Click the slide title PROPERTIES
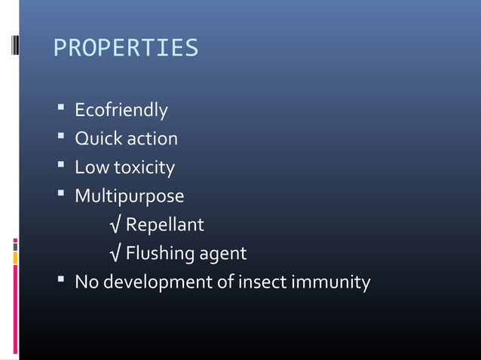[x=126, y=49]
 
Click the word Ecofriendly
[x=121, y=111]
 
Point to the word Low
[x=90, y=168]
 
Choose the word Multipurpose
[x=129, y=197]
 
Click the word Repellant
[x=164, y=225]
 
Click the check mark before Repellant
[x=115, y=225]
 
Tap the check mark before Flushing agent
[x=115, y=254]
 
